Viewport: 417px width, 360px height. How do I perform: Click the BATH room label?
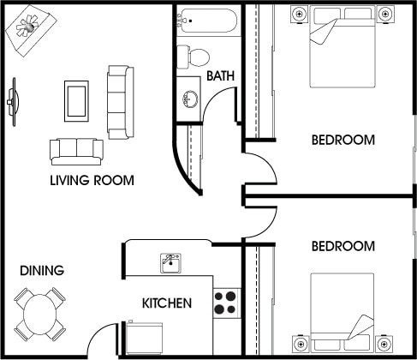(221, 78)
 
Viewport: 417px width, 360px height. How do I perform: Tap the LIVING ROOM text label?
(92, 180)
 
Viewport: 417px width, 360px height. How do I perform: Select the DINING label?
(42, 271)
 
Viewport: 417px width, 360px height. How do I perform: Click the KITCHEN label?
(166, 303)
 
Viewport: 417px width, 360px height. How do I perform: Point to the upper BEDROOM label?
(343, 140)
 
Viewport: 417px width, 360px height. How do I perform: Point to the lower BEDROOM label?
(343, 246)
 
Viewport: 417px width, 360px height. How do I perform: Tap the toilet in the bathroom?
(194, 57)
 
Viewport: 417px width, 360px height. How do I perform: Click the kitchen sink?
(170, 261)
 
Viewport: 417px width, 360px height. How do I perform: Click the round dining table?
(40, 312)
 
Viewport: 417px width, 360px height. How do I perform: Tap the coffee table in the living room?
(77, 99)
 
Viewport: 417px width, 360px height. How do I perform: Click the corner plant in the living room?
(26, 27)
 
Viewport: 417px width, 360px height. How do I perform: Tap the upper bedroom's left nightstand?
(299, 14)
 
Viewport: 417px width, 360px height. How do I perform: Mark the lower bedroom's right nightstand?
(384, 344)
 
